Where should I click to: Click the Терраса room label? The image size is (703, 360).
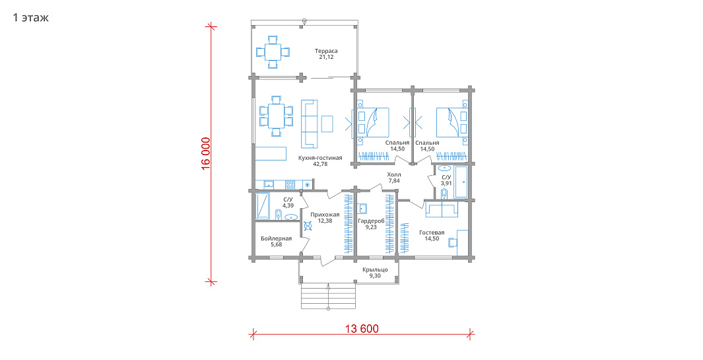(x=326, y=51)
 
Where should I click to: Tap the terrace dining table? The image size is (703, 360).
(x=273, y=52)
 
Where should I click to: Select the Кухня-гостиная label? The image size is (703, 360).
(x=320, y=158)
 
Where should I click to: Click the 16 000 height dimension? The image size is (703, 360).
(x=206, y=153)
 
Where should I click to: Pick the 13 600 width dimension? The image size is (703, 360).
(x=362, y=328)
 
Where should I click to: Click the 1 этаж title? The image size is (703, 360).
(x=30, y=18)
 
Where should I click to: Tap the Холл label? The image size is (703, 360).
(x=394, y=174)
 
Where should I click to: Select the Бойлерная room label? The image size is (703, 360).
(x=276, y=238)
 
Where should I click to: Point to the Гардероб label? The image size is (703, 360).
(x=371, y=221)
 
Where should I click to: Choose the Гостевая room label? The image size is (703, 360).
(x=432, y=233)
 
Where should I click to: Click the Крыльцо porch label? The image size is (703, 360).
(x=375, y=270)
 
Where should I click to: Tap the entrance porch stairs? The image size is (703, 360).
(x=328, y=297)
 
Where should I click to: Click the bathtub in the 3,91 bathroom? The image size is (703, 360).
(x=461, y=182)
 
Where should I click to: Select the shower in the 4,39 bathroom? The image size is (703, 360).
(x=262, y=206)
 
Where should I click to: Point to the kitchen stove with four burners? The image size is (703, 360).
(x=290, y=184)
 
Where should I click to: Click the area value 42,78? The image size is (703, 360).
(x=320, y=164)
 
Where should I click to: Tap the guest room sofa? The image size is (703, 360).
(x=442, y=209)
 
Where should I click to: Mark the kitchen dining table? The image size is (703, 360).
(x=276, y=116)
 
